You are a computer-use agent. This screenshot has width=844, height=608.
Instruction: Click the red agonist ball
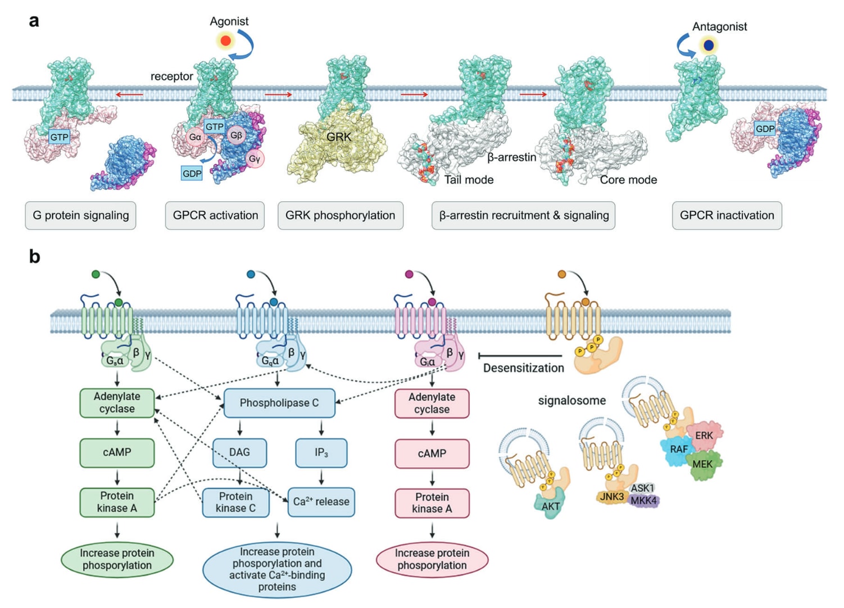226,40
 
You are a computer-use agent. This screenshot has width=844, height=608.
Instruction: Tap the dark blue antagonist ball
709,45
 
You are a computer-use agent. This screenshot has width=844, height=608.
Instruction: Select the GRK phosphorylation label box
340,215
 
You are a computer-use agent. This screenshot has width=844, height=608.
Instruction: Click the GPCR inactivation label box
727,215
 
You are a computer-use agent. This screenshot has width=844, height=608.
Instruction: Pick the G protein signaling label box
80,215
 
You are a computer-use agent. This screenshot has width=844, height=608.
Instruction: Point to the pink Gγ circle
255,159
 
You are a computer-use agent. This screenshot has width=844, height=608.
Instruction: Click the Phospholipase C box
279,403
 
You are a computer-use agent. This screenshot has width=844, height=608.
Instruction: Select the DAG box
239,453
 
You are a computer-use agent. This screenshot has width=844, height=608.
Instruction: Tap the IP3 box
321,453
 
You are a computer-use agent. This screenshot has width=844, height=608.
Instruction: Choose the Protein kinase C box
235,502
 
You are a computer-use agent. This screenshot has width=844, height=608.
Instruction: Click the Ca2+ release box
321,502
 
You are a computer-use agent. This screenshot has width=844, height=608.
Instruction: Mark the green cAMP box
117,453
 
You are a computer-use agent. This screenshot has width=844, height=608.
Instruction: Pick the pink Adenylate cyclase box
432,403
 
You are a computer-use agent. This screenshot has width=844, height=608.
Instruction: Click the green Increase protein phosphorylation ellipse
117,559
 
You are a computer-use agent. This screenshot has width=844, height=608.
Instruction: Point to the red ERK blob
705,435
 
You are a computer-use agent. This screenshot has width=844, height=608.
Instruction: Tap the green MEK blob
702,465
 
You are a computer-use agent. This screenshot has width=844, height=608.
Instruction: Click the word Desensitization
523,368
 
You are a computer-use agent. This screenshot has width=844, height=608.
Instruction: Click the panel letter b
34,257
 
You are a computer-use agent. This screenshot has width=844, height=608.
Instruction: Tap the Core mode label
628,180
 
